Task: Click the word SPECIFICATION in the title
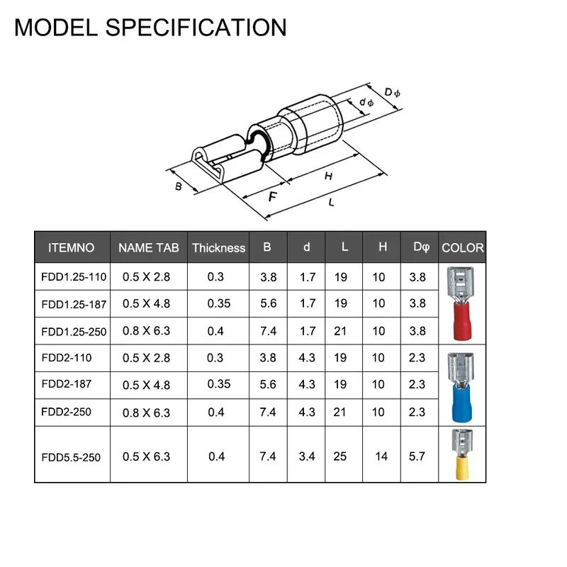[196, 28]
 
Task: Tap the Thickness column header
[219, 247]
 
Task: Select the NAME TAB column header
[149, 247]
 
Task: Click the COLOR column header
[463, 247]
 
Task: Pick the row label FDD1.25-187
[74, 305]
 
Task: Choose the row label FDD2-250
[66, 412]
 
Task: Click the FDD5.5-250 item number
[71, 457]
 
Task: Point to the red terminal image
[461, 304]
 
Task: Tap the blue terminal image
[461, 387]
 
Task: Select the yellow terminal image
[462, 455]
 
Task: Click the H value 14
[381, 456]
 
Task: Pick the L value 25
[340, 456]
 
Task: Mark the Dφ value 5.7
[417, 456]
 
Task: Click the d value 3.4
[307, 456]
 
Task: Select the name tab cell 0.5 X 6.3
[146, 456]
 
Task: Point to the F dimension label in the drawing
[273, 196]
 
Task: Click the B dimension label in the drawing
[179, 186]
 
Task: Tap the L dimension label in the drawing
[331, 203]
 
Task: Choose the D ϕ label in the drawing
[392, 93]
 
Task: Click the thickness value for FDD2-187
[219, 383]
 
